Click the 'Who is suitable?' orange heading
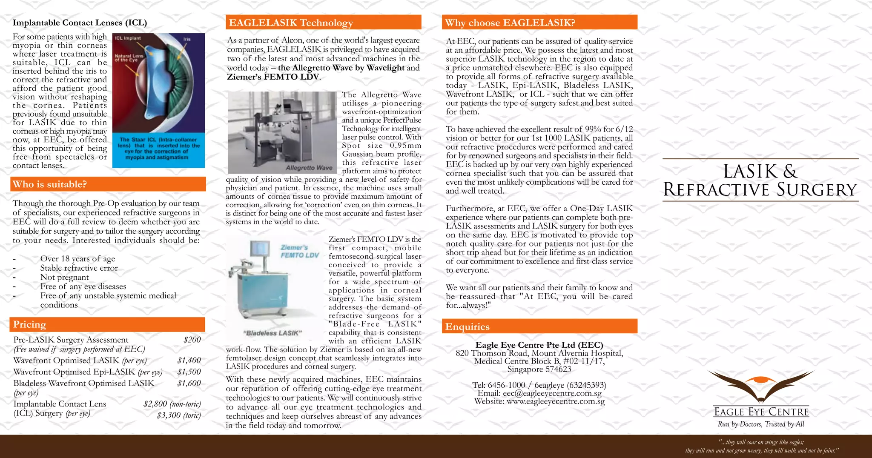tap(50, 184)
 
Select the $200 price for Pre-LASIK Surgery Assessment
tap(192, 340)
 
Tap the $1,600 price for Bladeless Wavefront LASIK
tap(189, 383)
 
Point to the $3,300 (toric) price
tap(179, 415)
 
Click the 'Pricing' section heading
tap(29, 324)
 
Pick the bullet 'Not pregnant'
tap(64, 277)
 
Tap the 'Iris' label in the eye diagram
tap(186, 39)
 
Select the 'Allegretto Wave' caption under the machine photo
tap(309, 168)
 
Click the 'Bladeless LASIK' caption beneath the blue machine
tap(272, 333)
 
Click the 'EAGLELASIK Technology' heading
tap(291, 23)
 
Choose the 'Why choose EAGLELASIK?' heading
tap(510, 23)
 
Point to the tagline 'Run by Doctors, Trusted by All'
tap(760, 424)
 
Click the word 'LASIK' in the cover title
tap(750, 172)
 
